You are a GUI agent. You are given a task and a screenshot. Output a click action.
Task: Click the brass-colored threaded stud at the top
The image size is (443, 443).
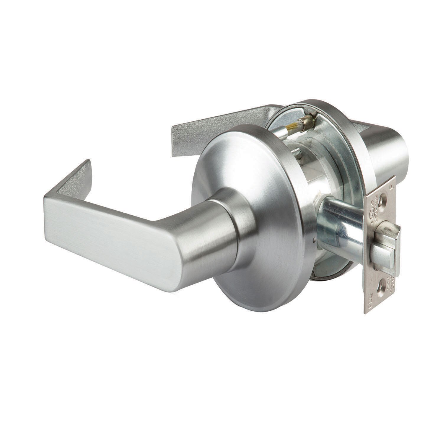click(305, 121)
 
